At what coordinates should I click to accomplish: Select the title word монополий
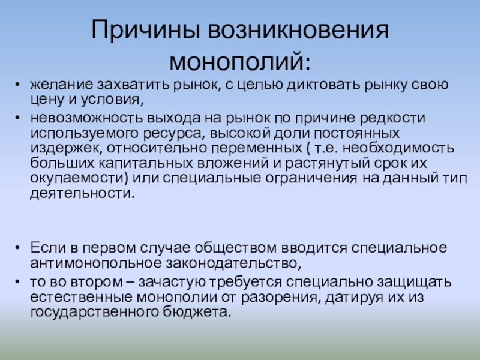click(240, 61)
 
